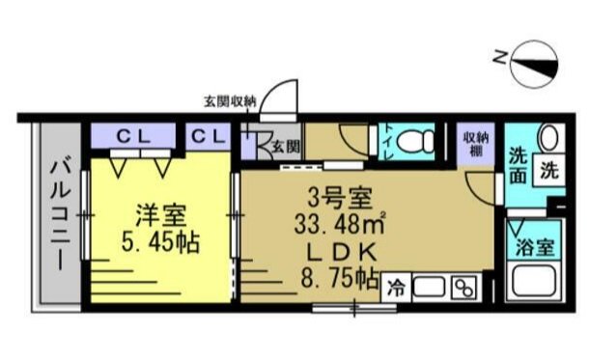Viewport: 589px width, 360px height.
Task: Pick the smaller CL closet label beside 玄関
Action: tap(209, 136)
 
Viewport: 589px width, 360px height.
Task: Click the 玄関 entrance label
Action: tap(283, 146)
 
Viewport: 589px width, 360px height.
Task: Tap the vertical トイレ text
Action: tap(386, 142)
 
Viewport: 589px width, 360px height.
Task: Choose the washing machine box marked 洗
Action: tap(547, 171)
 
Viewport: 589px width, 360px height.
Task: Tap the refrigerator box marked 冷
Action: tap(397, 287)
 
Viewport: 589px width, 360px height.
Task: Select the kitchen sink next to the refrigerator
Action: tap(430, 287)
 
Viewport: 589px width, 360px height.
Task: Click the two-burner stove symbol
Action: tap(463, 287)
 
